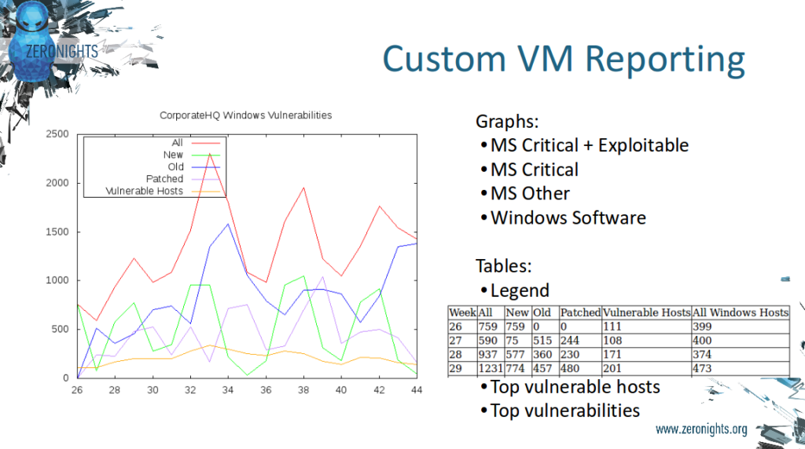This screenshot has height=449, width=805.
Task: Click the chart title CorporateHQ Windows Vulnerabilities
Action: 245,115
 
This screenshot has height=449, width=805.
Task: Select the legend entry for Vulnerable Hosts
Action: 145,192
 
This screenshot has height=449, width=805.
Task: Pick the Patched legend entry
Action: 164,179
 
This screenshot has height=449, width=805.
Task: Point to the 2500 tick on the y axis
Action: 57,134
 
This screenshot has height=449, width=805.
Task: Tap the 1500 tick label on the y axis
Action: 57,232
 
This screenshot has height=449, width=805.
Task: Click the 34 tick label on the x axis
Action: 228,390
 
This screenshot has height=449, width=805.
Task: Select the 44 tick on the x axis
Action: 417,390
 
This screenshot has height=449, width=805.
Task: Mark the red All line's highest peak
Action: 209,154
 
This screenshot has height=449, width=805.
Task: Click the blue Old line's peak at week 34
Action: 229,224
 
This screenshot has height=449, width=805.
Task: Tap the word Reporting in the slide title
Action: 665,60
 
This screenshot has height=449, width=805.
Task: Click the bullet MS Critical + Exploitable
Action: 590,145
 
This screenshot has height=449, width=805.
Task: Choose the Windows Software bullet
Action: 568,218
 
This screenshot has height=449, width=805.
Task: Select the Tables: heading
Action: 504,266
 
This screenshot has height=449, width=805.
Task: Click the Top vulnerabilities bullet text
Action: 564,411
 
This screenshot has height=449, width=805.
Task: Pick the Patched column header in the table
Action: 580,312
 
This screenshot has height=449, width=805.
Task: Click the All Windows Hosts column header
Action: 741,312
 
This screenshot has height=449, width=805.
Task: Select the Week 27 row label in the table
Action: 456,341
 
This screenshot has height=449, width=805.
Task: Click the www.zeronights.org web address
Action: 701,429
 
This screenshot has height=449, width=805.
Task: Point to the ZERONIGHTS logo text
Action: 62,51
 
